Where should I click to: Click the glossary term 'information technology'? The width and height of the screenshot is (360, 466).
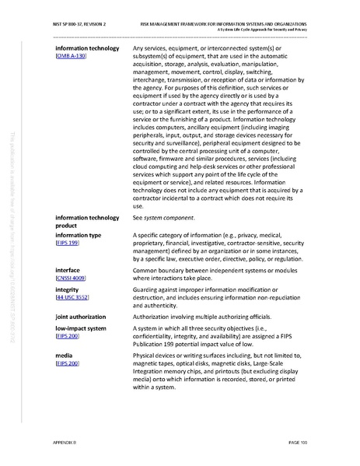pyautogui.click(x=87, y=49)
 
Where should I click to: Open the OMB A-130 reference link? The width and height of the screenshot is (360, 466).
pyautogui.click(x=72, y=58)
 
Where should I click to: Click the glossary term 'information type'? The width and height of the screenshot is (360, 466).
pyautogui.click(x=78, y=234)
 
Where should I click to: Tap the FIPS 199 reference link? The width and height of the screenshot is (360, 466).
pyautogui.click(x=67, y=243)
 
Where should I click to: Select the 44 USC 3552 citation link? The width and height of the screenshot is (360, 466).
pyautogui.click(x=72, y=297)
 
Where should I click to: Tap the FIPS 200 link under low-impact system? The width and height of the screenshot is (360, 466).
pyautogui.click(x=67, y=337)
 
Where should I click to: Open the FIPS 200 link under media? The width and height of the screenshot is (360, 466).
pyautogui.click(x=67, y=363)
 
